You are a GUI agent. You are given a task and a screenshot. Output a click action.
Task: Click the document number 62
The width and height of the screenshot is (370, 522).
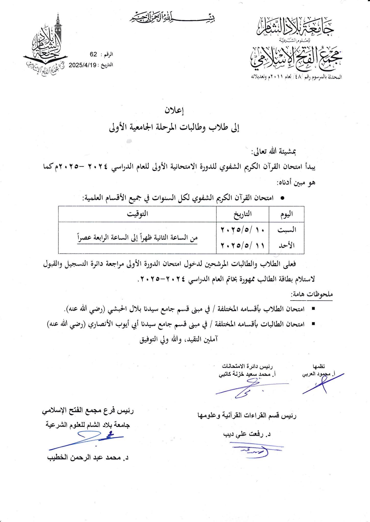tap(93, 54)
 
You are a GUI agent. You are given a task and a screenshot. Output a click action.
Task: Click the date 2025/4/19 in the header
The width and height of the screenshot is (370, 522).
tap(82, 65)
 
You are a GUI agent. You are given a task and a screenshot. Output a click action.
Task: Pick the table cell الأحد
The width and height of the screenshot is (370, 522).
tap(287, 245)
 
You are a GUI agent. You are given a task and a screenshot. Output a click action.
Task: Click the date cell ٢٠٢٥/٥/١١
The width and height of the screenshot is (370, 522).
tap(242, 245)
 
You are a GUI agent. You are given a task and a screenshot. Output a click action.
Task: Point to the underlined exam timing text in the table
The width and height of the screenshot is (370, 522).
tap(138, 238)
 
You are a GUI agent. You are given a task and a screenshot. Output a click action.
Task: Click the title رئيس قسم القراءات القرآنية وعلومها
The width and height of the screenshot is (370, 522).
tap(246, 416)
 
